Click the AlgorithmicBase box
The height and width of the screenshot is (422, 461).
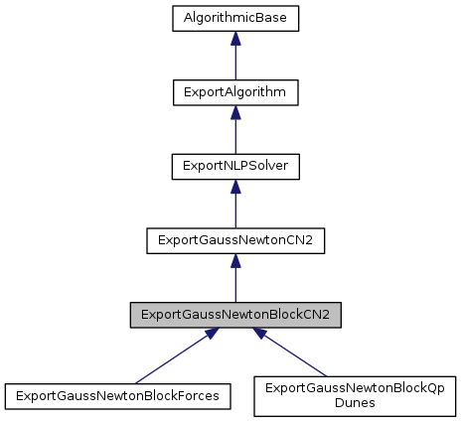coord(235,18)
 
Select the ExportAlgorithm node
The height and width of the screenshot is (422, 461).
coord(235,91)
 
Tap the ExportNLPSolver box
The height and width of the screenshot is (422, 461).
coord(235,165)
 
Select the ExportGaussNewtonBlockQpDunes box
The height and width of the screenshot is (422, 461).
coord(355,394)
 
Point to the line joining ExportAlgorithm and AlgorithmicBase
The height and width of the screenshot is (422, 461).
coord(235,62)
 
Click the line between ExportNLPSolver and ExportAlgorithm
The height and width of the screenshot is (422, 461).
coord(235,135)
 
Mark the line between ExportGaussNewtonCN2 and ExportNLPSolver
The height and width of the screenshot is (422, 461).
coord(235,209)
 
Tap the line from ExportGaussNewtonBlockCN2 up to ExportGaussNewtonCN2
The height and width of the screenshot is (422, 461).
coord(235,283)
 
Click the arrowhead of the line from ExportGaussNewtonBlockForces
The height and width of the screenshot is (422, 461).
coord(208,335)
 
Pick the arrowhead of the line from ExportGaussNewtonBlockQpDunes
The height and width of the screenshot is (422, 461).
coord(261,335)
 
